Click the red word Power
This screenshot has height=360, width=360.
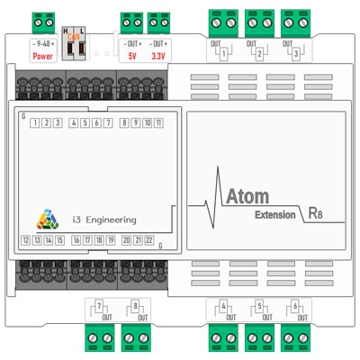pyautogui.click(x=42, y=56)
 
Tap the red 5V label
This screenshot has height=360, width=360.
pyautogui.click(x=131, y=56)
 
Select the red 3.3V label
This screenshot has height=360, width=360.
pyautogui.click(x=158, y=56)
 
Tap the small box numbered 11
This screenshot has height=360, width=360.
pyautogui.click(x=158, y=123)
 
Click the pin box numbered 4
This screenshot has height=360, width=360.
pyautogui.click(x=73, y=123)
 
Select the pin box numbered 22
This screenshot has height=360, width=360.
pyautogui.click(x=149, y=240)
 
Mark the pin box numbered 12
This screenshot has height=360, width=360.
pyautogui.click(x=26, y=240)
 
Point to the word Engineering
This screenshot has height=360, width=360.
pyautogui.click(x=112, y=219)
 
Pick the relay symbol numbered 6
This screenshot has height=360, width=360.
pyautogui.click(x=294, y=309)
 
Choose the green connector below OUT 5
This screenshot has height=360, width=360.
pyautogui.click(x=257, y=339)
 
